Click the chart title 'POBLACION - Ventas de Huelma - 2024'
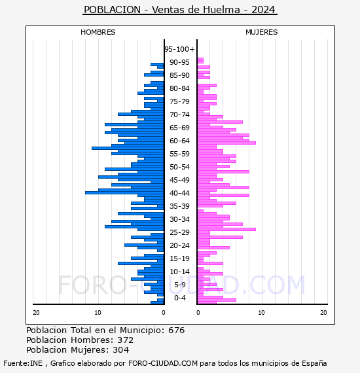click(179, 10)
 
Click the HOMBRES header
click(98, 32)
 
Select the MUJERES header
click(262, 32)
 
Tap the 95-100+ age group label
click(179, 49)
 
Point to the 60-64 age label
click(179, 141)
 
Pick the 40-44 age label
click(179, 193)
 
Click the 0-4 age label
click(179, 298)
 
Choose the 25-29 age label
click(179, 232)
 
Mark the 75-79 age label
click(179, 101)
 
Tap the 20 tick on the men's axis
click(36, 312)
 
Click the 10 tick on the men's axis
click(98, 312)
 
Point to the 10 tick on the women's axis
click(261, 312)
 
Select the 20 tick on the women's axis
click(323, 312)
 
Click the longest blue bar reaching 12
click(124, 192)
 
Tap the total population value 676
click(176, 330)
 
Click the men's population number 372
click(126, 340)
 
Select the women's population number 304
click(120, 349)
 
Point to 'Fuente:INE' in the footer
click(23, 363)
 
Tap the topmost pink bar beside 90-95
click(200, 60)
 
